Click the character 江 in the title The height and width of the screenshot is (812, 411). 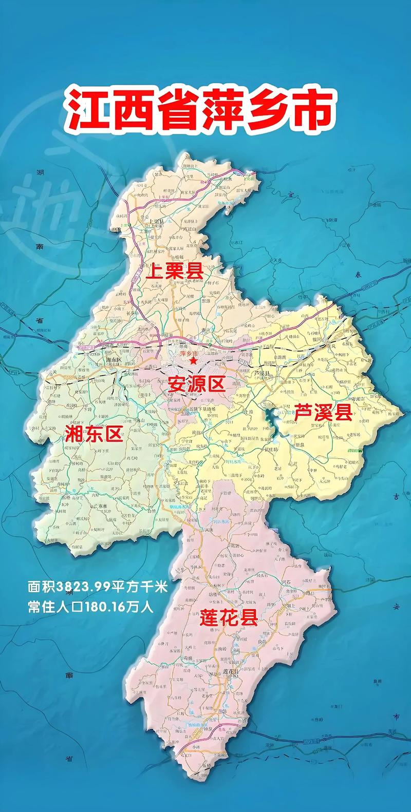coord(86,109)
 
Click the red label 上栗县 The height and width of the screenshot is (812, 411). coord(175,270)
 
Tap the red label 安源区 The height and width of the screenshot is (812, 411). coord(197,383)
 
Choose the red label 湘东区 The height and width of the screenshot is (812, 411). coord(94,434)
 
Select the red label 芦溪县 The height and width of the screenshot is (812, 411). coord(323,412)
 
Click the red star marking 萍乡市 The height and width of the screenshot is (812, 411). coord(193,361)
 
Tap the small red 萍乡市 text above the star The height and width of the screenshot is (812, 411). coord(189,354)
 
